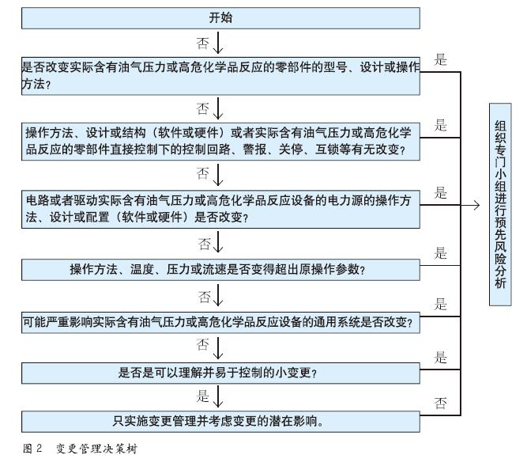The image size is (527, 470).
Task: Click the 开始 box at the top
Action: pyautogui.click(x=220, y=17)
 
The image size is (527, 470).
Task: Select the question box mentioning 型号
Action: pyautogui.click(x=220, y=75)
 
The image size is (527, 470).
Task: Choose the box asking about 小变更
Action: pyautogui.click(x=220, y=372)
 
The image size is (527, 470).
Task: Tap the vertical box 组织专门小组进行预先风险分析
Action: pyautogui.click(x=499, y=205)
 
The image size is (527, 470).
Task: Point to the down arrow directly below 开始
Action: pyautogui.click(x=218, y=40)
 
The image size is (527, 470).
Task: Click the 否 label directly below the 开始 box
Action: pyautogui.click(x=202, y=40)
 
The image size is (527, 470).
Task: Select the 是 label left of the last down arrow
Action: pyautogui.click(x=202, y=396)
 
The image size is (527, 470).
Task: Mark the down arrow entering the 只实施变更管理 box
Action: pyautogui.click(x=218, y=398)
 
